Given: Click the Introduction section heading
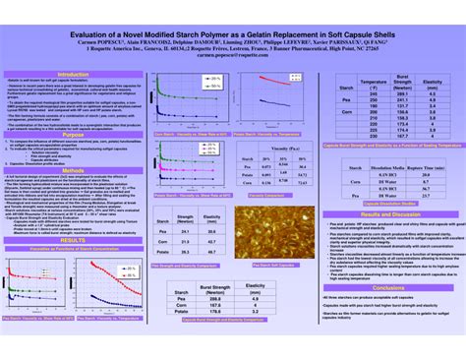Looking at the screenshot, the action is tap(73, 74).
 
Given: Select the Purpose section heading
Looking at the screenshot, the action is tap(73, 136).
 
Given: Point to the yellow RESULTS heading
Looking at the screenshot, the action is tap(73, 240).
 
